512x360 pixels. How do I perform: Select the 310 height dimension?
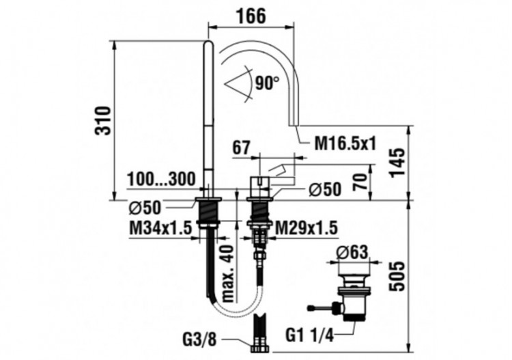tap(102, 120)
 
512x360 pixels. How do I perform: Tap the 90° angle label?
tap(267, 83)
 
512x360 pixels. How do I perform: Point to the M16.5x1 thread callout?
tap(347, 143)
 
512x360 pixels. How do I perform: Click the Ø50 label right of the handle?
tap(324, 190)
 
